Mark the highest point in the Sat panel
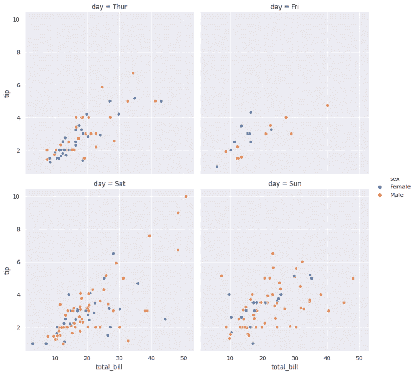(x=186, y=196)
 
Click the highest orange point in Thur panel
(x=133, y=73)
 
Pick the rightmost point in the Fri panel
(x=327, y=105)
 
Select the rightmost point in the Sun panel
(x=353, y=278)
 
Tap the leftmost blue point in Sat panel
(x=33, y=344)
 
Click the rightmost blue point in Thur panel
(x=161, y=101)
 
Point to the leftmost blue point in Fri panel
(x=217, y=167)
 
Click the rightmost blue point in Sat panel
(x=165, y=319)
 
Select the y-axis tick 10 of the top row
(x=16, y=20)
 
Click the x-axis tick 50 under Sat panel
(x=184, y=359)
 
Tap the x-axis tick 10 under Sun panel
(x=230, y=359)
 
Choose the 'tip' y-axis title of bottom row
(x=7, y=270)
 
